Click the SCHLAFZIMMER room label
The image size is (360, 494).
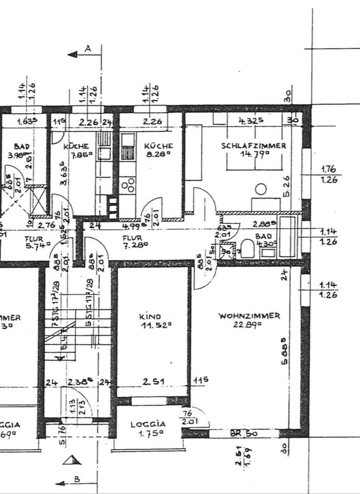point(254,146)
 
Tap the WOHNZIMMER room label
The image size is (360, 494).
point(249,316)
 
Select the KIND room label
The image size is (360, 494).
point(150,316)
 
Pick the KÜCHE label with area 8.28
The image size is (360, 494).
point(154,146)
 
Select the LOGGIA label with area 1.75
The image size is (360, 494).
point(148,425)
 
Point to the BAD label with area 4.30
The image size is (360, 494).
point(262,236)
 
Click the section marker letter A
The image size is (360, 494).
point(87,49)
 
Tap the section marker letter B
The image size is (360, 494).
point(76,480)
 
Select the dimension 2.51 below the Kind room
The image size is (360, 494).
point(152,382)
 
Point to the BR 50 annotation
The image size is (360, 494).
point(244,434)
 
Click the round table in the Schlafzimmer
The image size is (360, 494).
point(261,189)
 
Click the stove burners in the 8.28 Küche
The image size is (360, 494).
point(128,184)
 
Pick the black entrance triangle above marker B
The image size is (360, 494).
point(71,460)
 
